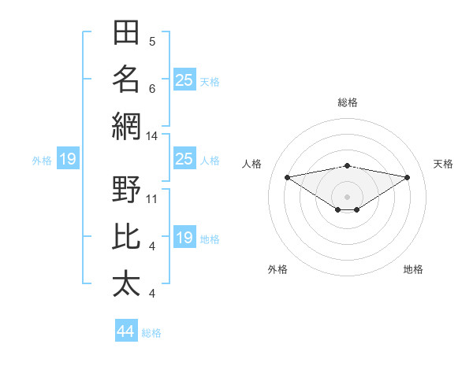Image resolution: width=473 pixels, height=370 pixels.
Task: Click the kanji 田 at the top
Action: [x=126, y=32]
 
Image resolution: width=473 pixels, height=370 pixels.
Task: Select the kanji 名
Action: [x=126, y=80]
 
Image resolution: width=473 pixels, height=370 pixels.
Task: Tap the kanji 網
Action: [x=126, y=127]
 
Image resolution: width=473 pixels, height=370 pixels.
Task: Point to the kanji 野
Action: [x=126, y=189]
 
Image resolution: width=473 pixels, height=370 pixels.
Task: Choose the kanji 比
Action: [x=126, y=236]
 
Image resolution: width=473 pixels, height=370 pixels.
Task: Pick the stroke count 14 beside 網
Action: [x=151, y=136]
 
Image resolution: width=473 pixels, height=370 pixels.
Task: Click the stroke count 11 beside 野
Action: [x=151, y=199]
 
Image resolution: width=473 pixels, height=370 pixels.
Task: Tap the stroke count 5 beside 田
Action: [x=152, y=42]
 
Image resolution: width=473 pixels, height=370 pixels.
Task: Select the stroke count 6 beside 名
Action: [x=152, y=89]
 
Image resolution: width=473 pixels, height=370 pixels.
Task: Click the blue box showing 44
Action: [x=126, y=330]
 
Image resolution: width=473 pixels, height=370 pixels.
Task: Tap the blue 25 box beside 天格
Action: [x=184, y=80]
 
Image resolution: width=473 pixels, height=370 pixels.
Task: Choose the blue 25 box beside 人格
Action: [x=184, y=158]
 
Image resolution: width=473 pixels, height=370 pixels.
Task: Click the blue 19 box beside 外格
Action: [x=68, y=158]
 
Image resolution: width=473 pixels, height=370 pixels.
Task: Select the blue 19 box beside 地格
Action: [x=184, y=236]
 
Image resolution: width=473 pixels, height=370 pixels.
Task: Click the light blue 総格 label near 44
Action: [x=151, y=333]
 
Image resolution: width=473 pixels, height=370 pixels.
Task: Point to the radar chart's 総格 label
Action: [x=348, y=102]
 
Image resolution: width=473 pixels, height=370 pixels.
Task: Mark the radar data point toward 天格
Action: [x=408, y=177]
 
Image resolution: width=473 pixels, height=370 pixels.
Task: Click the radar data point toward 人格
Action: [x=287, y=177]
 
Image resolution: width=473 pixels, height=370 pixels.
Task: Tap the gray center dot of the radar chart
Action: [x=347, y=197]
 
